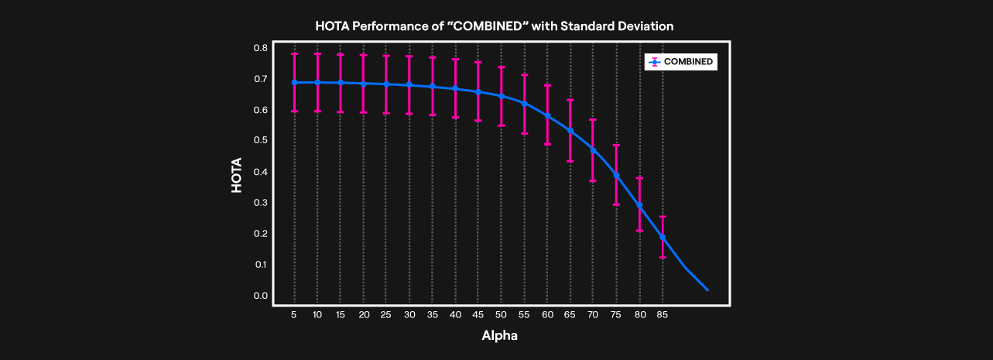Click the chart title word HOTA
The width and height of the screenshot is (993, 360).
[332, 26]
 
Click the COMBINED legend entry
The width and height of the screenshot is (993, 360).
[688, 62]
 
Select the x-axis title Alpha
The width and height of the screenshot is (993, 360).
[499, 336]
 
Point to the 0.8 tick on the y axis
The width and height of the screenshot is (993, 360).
[260, 48]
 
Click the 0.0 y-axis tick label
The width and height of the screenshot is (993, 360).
[260, 296]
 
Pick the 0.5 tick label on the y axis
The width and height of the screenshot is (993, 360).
[260, 141]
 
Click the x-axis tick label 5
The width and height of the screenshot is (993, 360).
[294, 315]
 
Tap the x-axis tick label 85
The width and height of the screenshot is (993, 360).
[663, 315]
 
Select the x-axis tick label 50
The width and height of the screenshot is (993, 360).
[502, 315]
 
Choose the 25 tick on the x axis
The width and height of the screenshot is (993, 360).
[386, 315]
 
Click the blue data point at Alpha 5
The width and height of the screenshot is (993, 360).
[294, 82]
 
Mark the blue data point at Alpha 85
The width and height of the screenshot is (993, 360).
[663, 237]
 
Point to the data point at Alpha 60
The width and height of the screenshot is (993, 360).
[547, 116]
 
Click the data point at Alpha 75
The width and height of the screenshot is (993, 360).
[617, 175]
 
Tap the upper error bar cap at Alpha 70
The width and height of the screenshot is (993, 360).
[594, 120]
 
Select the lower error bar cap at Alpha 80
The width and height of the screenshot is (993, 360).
[640, 231]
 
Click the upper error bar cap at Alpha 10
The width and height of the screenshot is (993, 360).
[317, 53]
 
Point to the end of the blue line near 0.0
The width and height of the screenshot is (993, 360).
[707, 290]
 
